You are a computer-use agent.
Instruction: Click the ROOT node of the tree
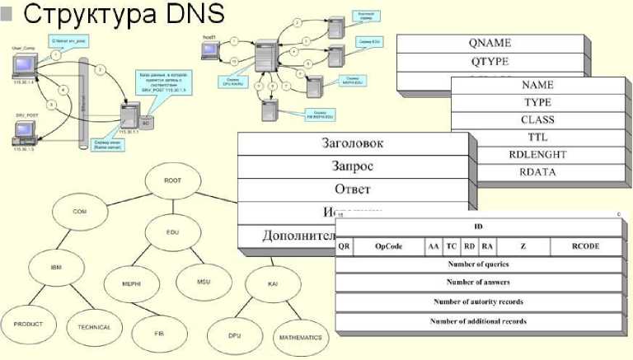pos(172,180)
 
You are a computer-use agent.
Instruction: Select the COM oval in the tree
pos(80,212)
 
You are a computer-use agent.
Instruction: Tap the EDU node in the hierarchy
pos(172,233)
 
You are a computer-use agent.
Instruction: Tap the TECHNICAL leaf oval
pos(94,326)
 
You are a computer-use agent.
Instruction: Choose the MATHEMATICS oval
pos(299,337)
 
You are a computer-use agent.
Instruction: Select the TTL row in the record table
pos(537,137)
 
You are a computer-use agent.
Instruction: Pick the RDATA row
pos(537,172)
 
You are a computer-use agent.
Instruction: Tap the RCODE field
pos(585,246)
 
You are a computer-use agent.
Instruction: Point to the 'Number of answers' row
pos(478,283)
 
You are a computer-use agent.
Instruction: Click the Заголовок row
pos(352,143)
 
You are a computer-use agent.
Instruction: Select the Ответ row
pos(352,189)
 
